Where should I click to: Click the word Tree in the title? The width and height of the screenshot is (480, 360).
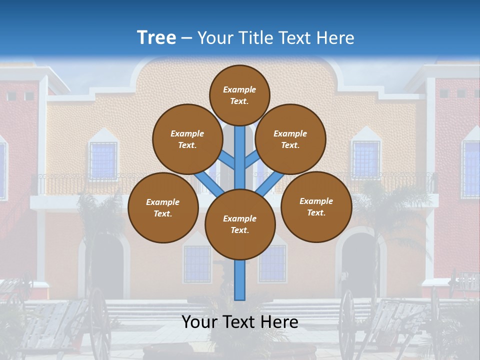pyautogui.click(x=156, y=37)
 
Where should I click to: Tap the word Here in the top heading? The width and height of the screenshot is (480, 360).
pyautogui.click(x=335, y=37)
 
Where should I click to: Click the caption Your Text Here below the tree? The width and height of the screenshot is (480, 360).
pyautogui.click(x=239, y=322)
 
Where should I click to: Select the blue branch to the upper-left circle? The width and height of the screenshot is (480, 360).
pyautogui.click(x=228, y=160)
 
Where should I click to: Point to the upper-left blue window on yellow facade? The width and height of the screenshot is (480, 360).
pyautogui.click(x=103, y=160)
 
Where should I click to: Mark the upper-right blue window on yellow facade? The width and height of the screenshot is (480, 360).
pyautogui.click(x=365, y=159)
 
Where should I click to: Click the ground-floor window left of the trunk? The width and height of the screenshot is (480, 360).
pyautogui.click(x=197, y=264)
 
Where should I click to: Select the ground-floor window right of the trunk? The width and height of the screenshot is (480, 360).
pyautogui.click(x=272, y=264)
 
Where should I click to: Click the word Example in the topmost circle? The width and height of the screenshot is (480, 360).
pyautogui.click(x=239, y=89)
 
